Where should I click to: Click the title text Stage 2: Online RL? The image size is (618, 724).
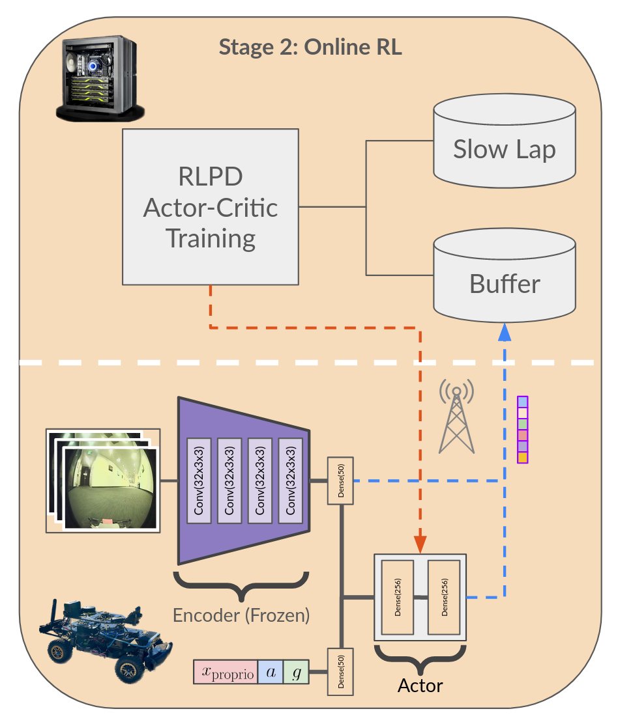coord(310,47)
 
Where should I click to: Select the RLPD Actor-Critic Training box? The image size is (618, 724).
coord(211,206)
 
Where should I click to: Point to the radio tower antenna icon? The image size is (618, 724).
coord(456,417)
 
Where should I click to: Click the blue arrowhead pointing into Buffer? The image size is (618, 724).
coord(505,333)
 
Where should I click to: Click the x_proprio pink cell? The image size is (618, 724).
coord(226,673)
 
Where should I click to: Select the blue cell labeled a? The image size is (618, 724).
coord(271,673)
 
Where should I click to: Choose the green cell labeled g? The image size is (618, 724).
coord(296,673)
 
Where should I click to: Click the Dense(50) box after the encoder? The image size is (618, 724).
coord(340,481)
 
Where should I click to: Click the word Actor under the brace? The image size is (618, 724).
coord(420,686)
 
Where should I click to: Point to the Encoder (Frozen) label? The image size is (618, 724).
coord(241,615)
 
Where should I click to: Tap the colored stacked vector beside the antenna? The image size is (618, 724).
coord(522,429)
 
